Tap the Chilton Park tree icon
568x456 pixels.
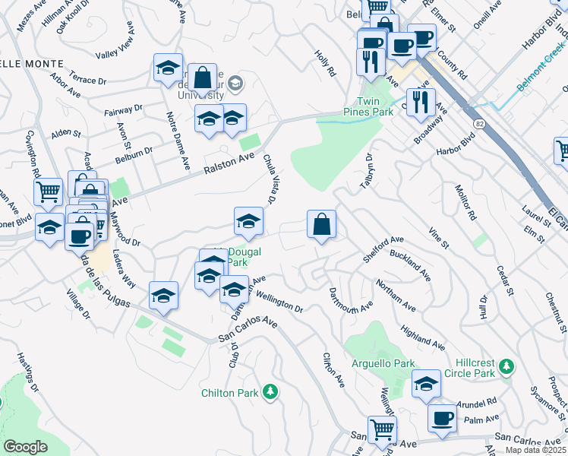pos(270,392)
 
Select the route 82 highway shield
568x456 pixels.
pos(479,122)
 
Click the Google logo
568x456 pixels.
pos(26,447)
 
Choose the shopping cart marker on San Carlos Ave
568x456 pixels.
pos(382,429)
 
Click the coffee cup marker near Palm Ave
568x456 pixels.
pos(441,417)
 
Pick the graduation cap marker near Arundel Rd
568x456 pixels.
pos(427,384)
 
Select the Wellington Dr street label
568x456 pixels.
pos(279,302)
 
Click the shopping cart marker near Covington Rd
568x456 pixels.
pos(49,192)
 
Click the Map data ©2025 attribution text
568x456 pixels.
pos(535,450)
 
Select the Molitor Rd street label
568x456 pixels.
pos(465,202)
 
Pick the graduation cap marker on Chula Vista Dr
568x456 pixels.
pos(248,220)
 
